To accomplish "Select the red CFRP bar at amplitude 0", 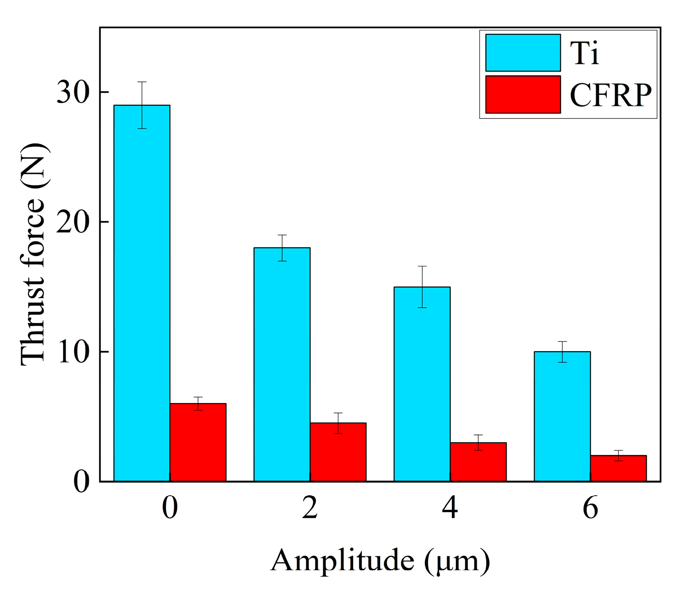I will pos(198,442).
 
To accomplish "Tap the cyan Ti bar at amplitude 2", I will pos(282,364).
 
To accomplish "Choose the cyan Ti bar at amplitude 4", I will pos(422,384).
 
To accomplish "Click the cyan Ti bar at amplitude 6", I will pos(562,416).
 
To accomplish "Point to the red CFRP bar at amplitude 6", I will pos(618,468).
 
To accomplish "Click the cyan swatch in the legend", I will pos(523,52).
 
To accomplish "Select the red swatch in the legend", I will pos(523,94).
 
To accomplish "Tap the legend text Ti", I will pos(585,53).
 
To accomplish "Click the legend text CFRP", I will pos(610,95).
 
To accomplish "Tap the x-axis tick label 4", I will pos(450,508).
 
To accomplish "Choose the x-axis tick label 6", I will pos(590,508).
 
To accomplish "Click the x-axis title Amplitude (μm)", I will pos(380,561).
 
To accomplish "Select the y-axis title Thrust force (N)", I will pos(33,255).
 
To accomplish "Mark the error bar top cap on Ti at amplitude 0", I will pos(142,82).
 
